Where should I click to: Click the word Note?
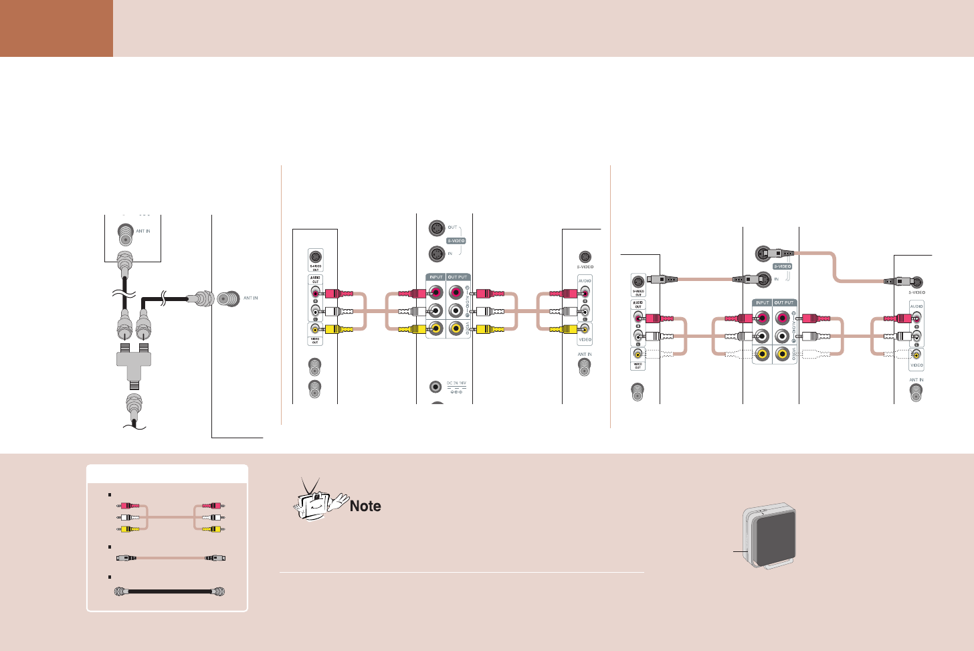(365, 506)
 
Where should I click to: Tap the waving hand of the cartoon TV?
(338, 500)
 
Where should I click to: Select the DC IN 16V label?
(456, 383)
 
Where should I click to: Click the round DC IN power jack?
(435, 386)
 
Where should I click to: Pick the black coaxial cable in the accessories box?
(170, 591)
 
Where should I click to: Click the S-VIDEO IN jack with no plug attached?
(436, 254)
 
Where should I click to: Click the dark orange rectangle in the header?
(56, 28)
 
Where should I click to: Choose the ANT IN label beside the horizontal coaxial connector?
(251, 298)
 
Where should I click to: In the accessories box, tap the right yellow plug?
(213, 529)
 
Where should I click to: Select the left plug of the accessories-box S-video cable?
(126, 557)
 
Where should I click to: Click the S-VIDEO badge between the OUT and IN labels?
(456, 241)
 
